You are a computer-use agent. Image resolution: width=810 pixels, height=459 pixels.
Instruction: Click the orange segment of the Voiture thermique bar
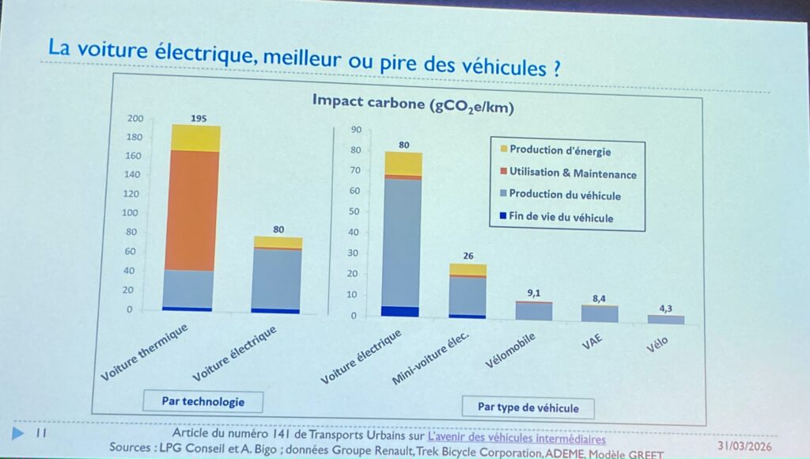[193, 211]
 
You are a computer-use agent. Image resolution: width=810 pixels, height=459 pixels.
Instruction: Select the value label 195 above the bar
[199, 119]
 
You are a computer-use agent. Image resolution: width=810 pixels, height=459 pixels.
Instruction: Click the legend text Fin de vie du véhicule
[561, 218]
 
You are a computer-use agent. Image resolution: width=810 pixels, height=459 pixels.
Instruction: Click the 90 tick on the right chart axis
[356, 130]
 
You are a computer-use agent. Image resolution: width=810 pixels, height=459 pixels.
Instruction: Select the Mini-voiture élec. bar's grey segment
[467, 295]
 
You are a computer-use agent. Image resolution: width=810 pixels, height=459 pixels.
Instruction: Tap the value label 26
[468, 256]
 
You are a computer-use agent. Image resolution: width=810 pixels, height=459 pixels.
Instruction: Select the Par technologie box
[202, 401]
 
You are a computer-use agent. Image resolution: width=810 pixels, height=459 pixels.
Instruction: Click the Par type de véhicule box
[528, 408]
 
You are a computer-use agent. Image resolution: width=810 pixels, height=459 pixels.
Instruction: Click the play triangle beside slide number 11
[17, 432]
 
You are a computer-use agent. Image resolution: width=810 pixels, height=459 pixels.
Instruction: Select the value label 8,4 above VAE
[602, 298]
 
